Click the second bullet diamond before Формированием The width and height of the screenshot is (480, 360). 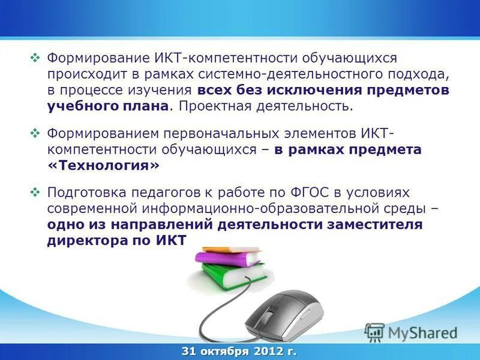coord(35,133)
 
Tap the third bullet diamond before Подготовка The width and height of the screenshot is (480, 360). coord(35,193)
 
